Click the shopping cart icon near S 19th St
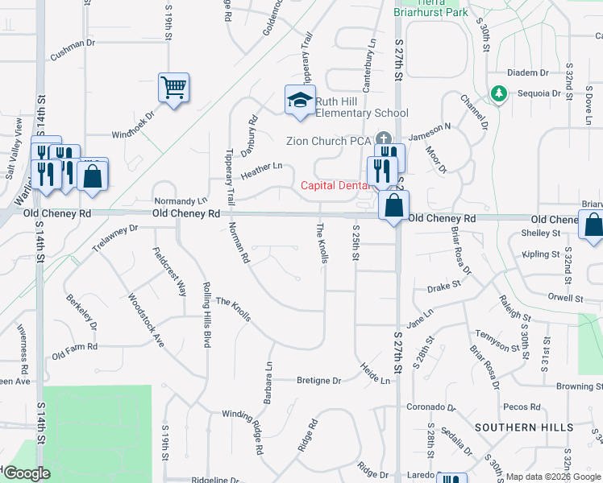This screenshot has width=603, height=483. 174,86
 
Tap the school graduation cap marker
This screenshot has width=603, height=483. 300,100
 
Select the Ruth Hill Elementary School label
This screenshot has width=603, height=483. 361,107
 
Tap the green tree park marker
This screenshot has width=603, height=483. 499,94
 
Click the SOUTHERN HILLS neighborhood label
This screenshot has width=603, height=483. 517,427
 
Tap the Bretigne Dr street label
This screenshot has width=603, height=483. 318,380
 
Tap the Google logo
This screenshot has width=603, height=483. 27,474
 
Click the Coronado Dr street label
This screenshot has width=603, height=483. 430,407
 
